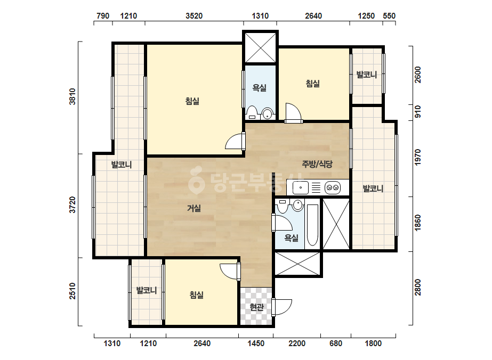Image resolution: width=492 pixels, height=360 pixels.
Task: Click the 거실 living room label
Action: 194,208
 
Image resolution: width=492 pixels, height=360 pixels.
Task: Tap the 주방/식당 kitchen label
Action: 317,163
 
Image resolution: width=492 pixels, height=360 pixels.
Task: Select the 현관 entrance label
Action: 256,307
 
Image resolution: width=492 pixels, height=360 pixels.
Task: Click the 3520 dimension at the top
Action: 194,15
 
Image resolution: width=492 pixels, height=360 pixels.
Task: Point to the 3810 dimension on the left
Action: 72,96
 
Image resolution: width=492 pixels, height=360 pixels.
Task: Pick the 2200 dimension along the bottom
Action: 297,343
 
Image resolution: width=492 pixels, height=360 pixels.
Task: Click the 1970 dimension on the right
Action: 417,158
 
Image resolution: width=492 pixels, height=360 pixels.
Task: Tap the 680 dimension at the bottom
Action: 336,343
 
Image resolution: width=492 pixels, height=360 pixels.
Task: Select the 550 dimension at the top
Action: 389,15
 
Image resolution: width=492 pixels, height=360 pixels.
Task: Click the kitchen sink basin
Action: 301,188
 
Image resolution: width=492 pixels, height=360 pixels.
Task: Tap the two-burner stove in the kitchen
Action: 333,188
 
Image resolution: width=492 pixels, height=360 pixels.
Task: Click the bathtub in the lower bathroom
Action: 312,225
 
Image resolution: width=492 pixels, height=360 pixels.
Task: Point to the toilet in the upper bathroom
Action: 252,113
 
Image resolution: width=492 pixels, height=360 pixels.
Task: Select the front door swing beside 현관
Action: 282,307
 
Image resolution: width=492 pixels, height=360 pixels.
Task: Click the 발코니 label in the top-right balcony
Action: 367,75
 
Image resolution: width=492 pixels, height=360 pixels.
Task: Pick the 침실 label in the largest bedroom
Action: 192,101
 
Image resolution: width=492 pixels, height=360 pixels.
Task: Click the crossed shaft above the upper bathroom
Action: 260,48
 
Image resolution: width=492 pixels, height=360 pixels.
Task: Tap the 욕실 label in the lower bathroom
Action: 291,238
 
